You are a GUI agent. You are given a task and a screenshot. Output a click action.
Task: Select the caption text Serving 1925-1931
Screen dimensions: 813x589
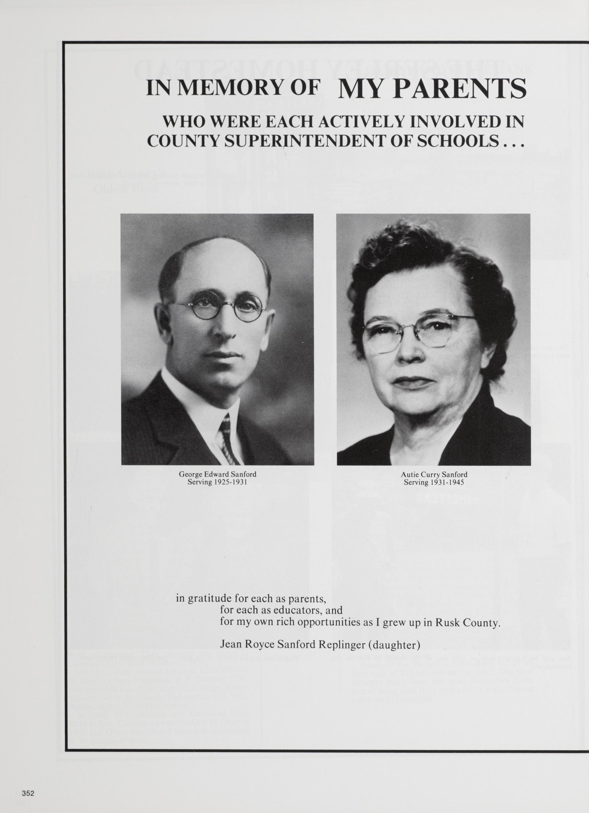(217, 482)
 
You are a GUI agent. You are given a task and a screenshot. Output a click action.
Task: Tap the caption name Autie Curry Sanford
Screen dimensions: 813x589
(434, 475)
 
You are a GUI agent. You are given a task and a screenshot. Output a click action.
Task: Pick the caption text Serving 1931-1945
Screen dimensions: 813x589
(434, 482)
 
